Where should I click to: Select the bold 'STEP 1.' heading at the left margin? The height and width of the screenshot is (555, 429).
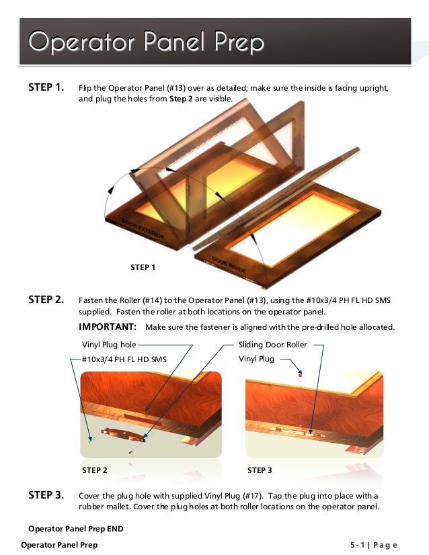click(x=46, y=88)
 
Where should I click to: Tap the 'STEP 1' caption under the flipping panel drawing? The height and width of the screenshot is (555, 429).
click(x=143, y=267)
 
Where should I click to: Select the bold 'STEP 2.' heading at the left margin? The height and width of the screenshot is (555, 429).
click(x=46, y=300)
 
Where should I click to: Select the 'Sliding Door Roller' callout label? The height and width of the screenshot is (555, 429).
click(x=272, y=345)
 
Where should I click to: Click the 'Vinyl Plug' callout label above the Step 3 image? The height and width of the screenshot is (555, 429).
click(x=256, y=359)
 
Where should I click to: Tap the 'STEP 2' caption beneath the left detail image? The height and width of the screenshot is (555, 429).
click(x=94, y=470)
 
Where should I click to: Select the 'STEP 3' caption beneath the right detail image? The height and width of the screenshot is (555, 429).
click(x=260, y=470)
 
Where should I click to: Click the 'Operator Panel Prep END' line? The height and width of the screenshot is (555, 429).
click(x=75, y=529)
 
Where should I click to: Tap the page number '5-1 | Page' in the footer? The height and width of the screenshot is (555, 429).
click(x=373, y=545)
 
